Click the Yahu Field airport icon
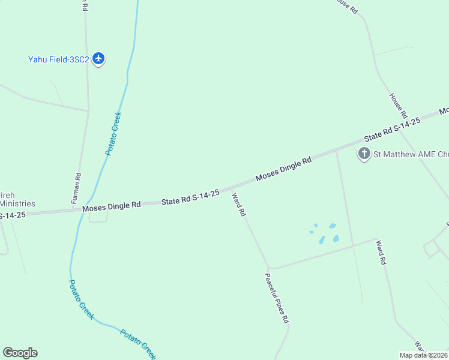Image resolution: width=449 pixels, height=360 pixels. point(99,59)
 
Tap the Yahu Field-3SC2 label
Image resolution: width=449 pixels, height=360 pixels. point(58,59)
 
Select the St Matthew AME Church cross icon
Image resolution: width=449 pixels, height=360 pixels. point(364,154)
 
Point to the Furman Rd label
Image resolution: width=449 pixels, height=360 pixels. point(77,187)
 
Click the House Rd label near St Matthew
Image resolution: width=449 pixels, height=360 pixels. point(398,106)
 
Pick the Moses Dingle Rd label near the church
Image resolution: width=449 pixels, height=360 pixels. point(284,169)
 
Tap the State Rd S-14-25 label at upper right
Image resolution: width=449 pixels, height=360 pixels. point(393,130)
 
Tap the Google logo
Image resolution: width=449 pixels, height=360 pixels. point(20,353)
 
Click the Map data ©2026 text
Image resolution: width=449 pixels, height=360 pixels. point(423,355)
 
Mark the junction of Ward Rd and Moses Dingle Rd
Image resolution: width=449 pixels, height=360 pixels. point(231,189)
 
